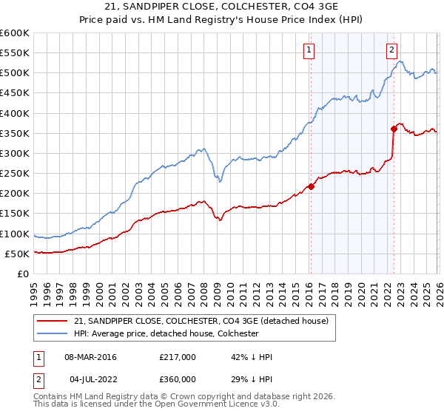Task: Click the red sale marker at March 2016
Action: click(x=311, y=186)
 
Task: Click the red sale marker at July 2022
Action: click(x=394, y=129)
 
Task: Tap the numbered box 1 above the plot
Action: click(x=308, y=50)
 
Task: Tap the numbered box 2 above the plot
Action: click(x=391, y=50)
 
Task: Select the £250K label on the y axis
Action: click(x=15, y=174)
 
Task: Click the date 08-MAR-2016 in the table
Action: click(x=90, y=357)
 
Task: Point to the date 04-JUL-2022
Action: click(x=90, y=379)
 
